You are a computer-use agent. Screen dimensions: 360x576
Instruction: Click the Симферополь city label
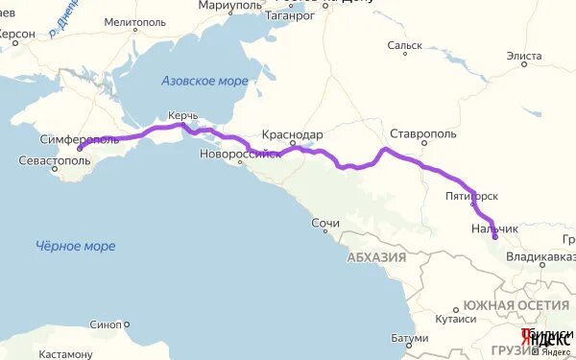click(x=80, y=139)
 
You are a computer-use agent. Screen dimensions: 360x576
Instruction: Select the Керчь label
click(x=182, y=115)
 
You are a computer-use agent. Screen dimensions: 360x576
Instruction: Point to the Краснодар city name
click(x=292, y=135)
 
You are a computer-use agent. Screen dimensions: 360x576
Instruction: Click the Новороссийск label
click(x=241, y=155)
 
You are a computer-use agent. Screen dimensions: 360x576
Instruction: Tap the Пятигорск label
click(x=471, y=195)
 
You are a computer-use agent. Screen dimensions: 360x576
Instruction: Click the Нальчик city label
click(x=494, y=228)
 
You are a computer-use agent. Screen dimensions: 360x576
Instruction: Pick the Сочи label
click(x=325, y=224)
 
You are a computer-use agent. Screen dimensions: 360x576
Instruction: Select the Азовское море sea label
click(x=204, y=81)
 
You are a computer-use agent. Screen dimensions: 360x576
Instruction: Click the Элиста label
click(x=524, y=57)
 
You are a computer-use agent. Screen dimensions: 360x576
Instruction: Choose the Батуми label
click(x=410, y=338)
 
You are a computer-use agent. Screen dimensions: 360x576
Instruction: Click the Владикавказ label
click(x=543, y=257)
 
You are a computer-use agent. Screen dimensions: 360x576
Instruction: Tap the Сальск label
click(x=404, y=44)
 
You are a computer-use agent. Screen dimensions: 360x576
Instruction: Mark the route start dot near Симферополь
click(x=80, y=150)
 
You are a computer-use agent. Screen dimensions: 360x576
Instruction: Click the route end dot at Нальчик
click(x=495, y=239)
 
